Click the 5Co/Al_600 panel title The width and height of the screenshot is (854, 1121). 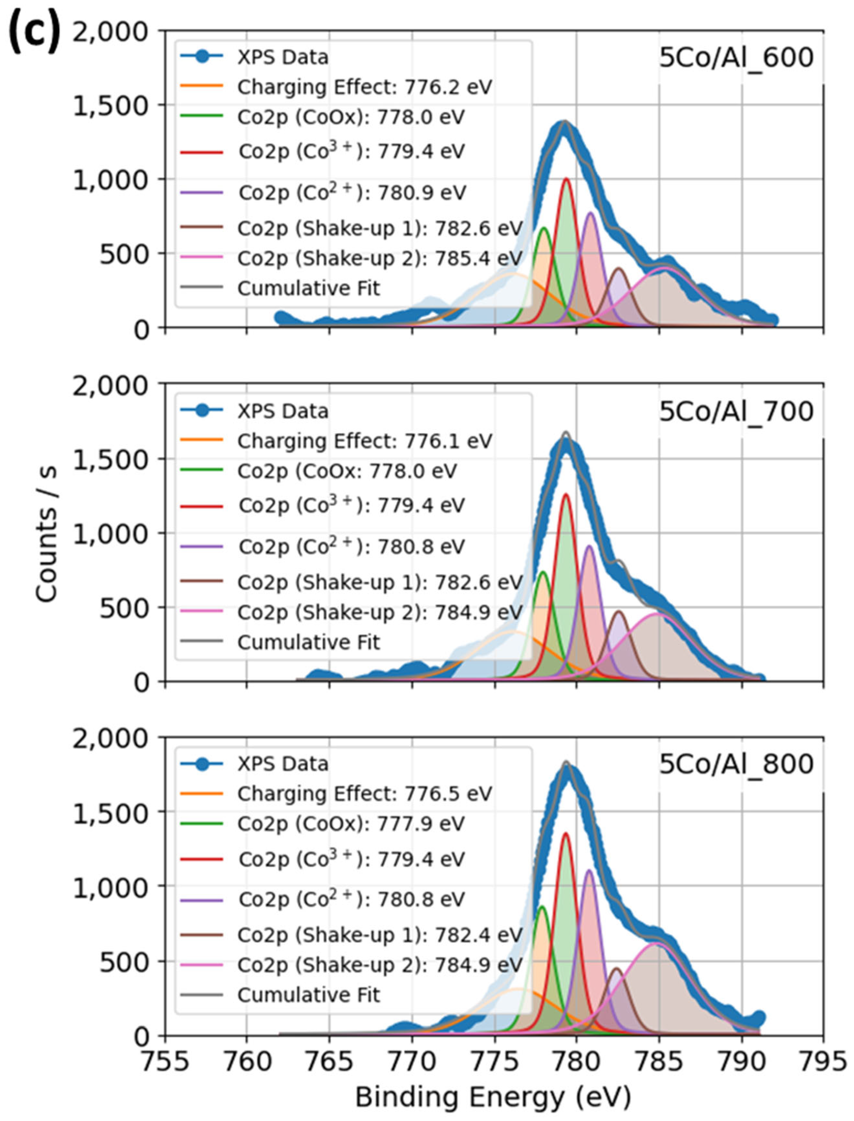(x=736, y=58)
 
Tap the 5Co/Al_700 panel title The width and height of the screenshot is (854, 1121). (x=736, y=412)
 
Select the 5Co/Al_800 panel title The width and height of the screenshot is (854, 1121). (x=736, y=764)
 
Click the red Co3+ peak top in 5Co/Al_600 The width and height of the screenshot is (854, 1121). (x=566, y=179)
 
